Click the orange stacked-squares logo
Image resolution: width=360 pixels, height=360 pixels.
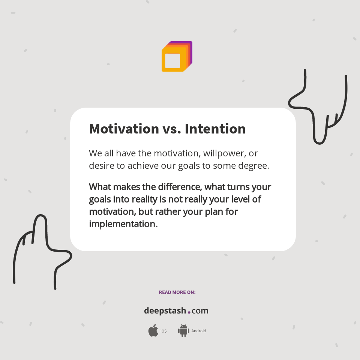pyautogui.click(x=177, y=57)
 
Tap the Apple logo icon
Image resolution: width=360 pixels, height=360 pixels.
pyautogui.click(x=153, y=331)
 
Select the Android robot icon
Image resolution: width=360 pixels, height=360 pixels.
pyautogui.click(x=183, y=331)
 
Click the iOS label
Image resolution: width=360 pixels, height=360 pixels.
pyautogui.click(x=163, y=331)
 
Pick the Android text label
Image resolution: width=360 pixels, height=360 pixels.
pyautogui.click(x=199, y=331)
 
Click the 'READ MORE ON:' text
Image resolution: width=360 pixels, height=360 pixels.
pyautogui.click(x=177, y=292)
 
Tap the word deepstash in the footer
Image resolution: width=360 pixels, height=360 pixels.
pyautogui.click(x=165, y=311)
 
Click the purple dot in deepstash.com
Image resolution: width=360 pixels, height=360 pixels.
pyautogui.click(x=189, y=312)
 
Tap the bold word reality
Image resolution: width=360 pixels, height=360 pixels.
pyautogui.click(x=145, y=199)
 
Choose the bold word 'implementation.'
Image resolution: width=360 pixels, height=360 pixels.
pyautogui.click(x=123, y=224)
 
